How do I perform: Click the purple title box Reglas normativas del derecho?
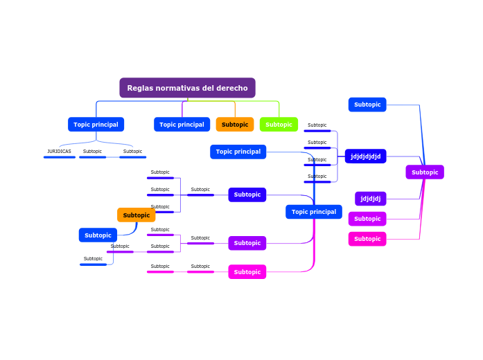pos(187,88)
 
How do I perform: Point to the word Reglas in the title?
pos(140,88)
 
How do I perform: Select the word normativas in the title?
pos(180,88)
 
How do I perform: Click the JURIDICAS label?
pos(59,151)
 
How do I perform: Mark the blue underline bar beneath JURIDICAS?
pos(59,157)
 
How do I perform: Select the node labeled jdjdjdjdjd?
pos(365,156)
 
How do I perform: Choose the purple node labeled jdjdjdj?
pos(370,199)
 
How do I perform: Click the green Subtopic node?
pos(279,125)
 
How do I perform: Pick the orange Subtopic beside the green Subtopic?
pos(235,125)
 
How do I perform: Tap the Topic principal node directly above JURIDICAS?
pos(96,125)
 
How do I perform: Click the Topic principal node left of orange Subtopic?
pos(182,125)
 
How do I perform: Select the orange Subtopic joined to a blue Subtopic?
pos(136,215)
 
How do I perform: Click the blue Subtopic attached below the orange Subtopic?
pos(98,235)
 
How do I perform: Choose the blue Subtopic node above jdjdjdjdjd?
pos(367,105)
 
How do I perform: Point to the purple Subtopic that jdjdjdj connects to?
pos(425,172)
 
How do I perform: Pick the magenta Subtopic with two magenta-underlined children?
pos(247,272)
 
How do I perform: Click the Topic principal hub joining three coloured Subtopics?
pos(313,212)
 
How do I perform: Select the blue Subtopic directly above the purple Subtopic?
pos(247,195)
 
